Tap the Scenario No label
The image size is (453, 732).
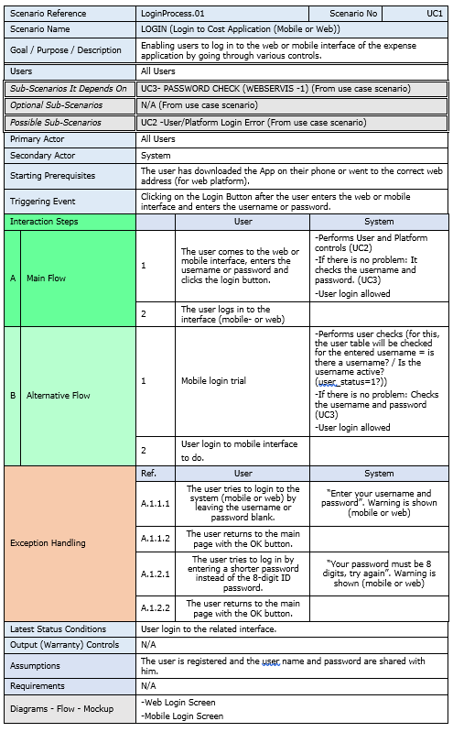[x=358, y=15]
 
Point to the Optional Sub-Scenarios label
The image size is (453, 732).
[x=56, y=105]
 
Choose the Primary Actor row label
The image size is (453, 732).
[x=38, y=139]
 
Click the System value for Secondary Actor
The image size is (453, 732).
[x=156, y=156]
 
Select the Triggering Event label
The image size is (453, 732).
[x=42, y=201]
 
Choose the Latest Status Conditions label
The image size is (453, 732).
[x=58, y=629]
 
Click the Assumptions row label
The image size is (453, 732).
[x=36, y=666]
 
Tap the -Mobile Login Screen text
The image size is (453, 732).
[x=183, y=716]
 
